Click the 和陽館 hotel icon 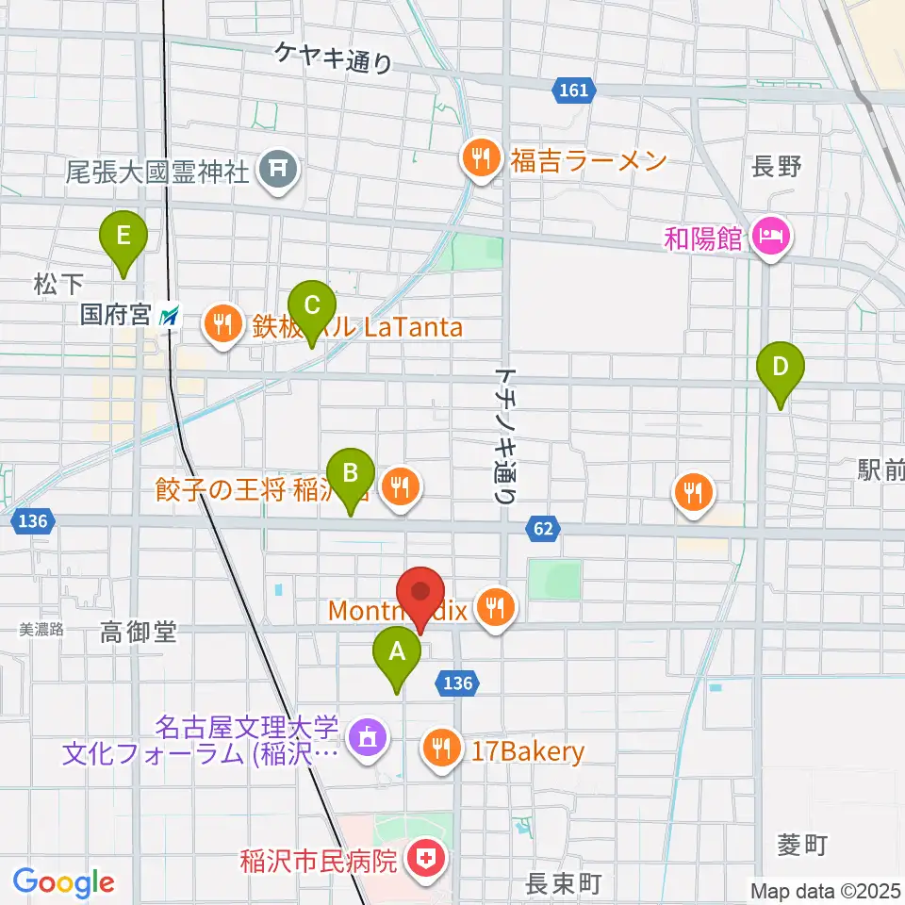point(771,236)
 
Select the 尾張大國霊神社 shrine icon point(279,171)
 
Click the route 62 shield point(542,529)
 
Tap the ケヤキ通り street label point(333,58)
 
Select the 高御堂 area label point(139,633)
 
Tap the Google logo point(64,882)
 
